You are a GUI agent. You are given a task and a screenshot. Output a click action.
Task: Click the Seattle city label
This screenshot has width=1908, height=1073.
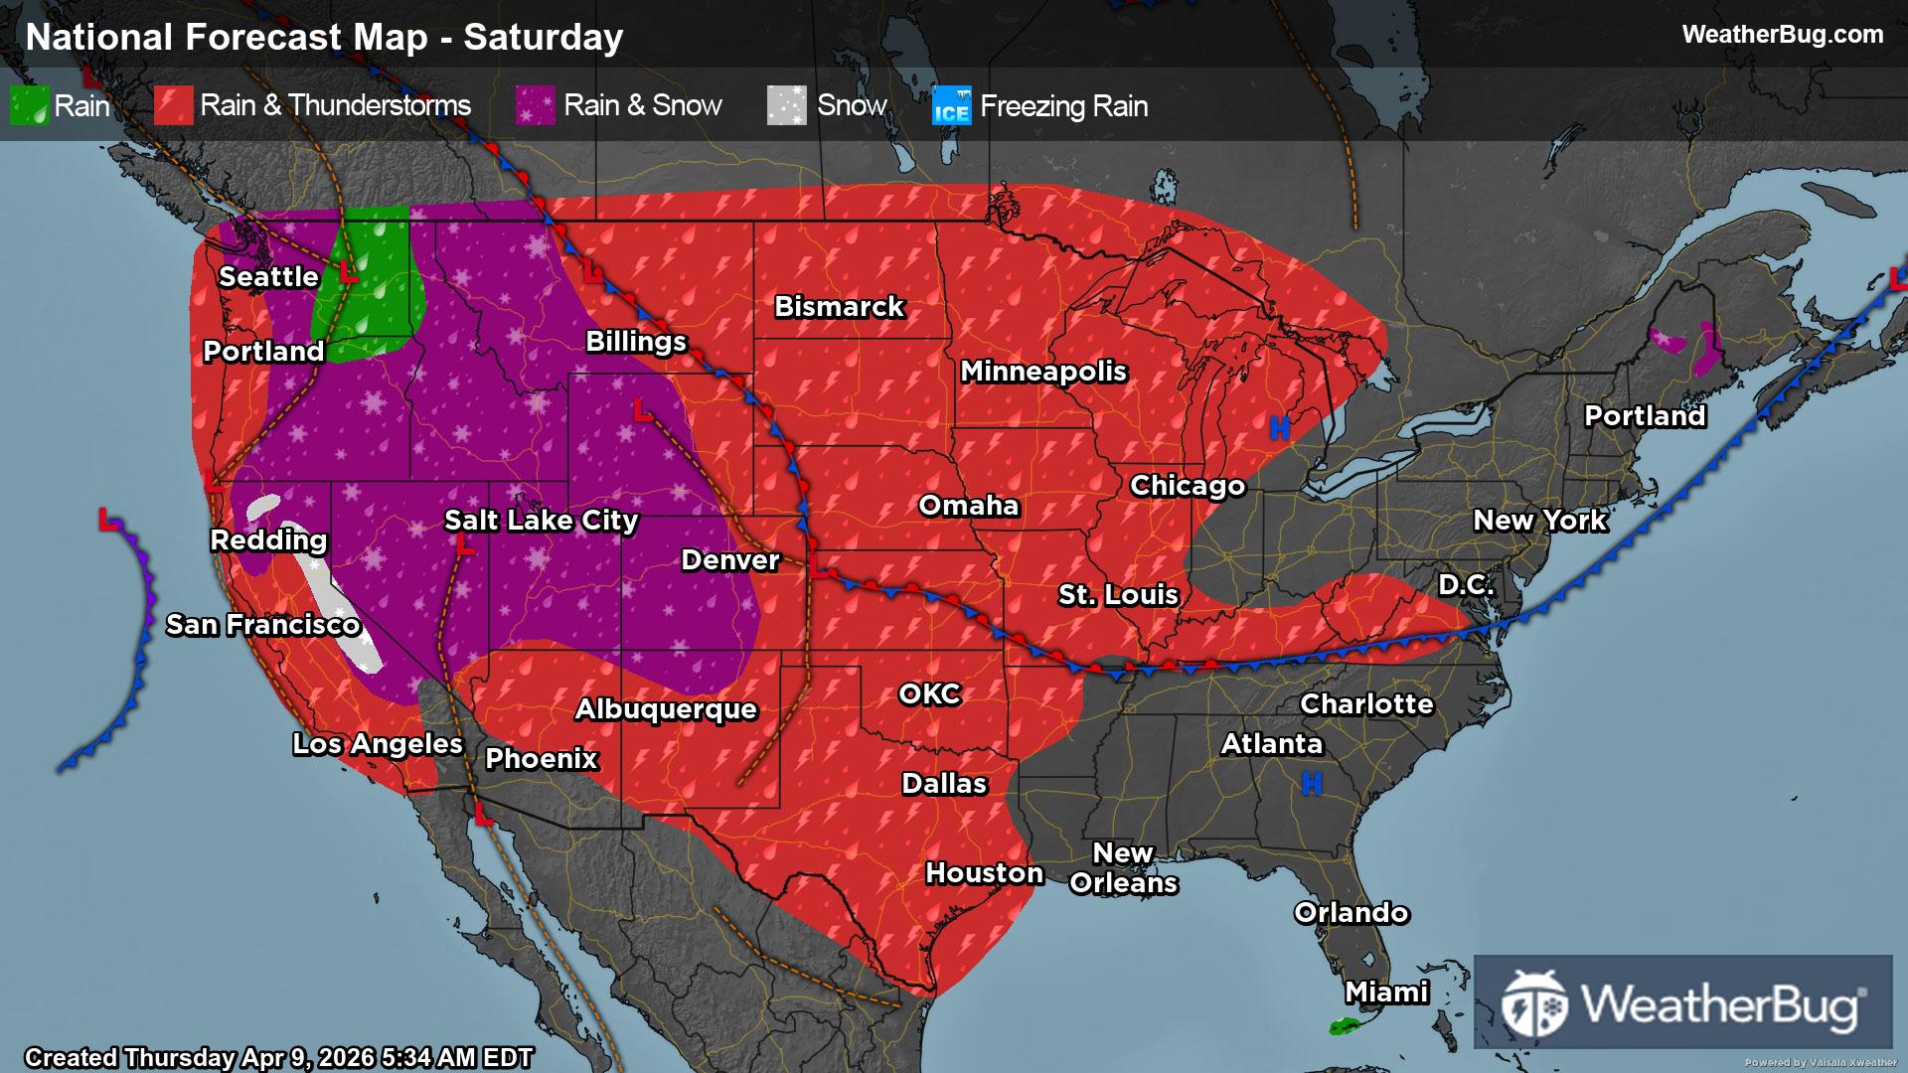tap(268, 277)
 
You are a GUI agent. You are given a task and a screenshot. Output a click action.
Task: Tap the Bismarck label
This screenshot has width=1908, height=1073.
tap(839, 307)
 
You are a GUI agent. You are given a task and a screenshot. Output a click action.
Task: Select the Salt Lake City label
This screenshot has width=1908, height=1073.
tap(541, 521)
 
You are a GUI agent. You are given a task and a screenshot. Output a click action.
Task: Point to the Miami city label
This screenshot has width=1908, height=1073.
tap(1386, 993)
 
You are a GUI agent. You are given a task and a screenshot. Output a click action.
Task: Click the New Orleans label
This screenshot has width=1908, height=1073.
tap(1123, 868)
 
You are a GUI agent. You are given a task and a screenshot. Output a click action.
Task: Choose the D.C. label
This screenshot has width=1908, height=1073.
tap(1466, 585)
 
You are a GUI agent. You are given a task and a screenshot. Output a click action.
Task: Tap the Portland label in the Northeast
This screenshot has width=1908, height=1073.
tap(1645, 416)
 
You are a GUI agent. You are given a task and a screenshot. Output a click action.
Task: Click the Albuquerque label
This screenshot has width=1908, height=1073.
tap(666, 709)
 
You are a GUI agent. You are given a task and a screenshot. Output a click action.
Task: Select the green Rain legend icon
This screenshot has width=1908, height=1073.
tap(29, 105)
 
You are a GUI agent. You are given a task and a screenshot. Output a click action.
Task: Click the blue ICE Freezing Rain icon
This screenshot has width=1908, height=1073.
tap(951, 106)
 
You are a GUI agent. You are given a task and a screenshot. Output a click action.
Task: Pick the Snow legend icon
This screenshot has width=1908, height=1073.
tap(786, 105)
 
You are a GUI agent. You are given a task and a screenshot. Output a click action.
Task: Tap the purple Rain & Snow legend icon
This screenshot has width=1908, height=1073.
tap(535, 105)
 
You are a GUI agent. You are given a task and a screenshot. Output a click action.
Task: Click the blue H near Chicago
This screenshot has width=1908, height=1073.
tap(1279, 428)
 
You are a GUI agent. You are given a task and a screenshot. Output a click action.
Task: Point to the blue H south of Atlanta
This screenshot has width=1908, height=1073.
tap(1312, 785)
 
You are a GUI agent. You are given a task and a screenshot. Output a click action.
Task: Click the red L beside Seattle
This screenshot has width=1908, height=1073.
tap(348, 272)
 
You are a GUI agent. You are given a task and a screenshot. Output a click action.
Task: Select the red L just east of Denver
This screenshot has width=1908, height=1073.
tap(818, 567)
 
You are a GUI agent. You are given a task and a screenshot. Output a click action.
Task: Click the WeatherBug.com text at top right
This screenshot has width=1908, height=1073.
tap(1782, 35)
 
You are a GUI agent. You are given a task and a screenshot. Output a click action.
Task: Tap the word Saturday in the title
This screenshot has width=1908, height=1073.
tap(543, 38)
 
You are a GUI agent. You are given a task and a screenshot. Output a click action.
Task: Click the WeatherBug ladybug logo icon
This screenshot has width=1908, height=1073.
tap(1534, 1003)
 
